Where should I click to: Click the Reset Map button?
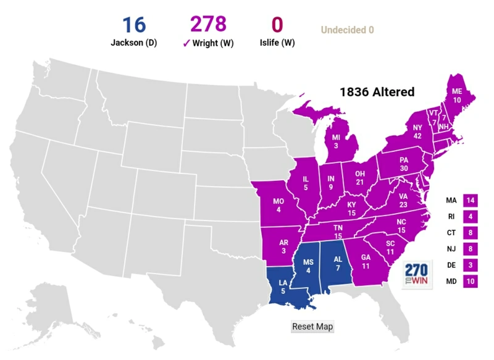(x=312, y=327)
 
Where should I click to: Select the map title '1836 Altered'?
(x=377, y=91)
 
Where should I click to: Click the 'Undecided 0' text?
(x=347, y=30)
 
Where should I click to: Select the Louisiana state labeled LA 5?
(x=282, y=287)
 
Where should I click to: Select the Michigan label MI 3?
(x=336, y=140)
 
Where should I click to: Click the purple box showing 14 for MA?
(x=471, y=201)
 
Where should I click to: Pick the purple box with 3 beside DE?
(x=471, y=266)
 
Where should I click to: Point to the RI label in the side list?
(x=451, y=217)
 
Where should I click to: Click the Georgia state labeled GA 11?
(x=366, y=262)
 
